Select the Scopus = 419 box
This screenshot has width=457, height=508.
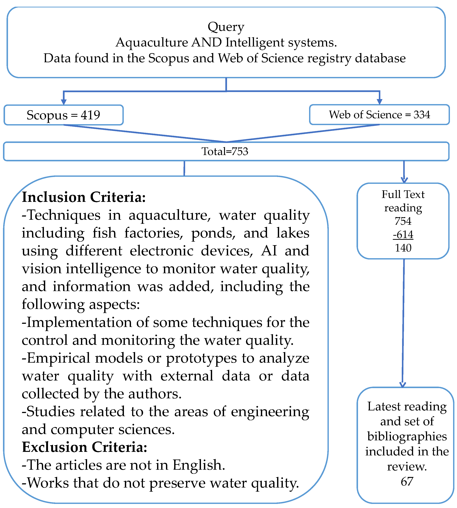pos(63,115)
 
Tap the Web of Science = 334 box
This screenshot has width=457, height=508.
pos(379,115)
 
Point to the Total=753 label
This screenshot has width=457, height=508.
pos(225,151)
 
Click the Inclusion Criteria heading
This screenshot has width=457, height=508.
pos(84,197)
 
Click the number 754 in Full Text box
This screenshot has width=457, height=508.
pos(403,221)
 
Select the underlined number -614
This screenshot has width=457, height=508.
pos(403,235)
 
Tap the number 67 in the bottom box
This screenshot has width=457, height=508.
pos(407,481)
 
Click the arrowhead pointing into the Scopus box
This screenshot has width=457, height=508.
pos(64,102)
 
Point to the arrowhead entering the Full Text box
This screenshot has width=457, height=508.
pos(404,180)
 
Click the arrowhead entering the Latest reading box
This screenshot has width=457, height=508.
pos(402,385)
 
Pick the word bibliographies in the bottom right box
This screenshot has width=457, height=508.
pos(407,436)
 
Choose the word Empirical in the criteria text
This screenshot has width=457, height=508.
pos(58,358)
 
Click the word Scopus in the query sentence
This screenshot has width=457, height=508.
pos(168,58)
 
